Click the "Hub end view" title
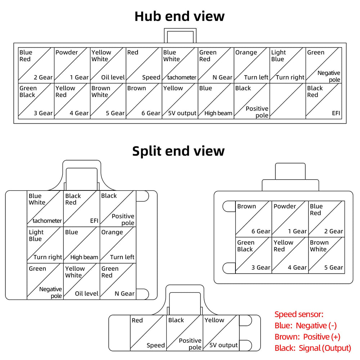180,16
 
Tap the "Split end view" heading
179,151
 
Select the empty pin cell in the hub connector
288,101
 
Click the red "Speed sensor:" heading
299,314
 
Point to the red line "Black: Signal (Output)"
313,348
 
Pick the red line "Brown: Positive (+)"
307,337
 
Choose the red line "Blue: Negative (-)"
306,325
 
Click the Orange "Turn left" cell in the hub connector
252,65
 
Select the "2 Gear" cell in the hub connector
36,65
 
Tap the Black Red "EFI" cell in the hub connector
324,101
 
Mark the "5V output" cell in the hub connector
180,101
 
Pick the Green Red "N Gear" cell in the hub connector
216,65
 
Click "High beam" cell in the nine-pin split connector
81,245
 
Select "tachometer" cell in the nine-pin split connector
45,209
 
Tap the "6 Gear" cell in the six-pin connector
254,219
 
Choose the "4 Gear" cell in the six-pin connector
290,255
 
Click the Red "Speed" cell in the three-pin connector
148,333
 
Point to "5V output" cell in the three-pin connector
221,333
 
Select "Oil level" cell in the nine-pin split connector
81,281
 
